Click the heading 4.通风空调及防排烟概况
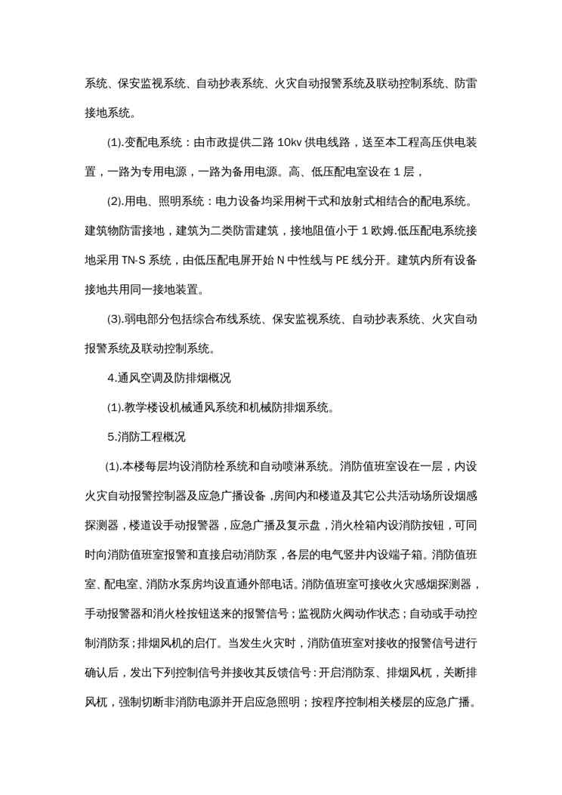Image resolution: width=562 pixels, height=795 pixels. pos(159,378)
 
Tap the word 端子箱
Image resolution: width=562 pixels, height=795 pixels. pos(402,553)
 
